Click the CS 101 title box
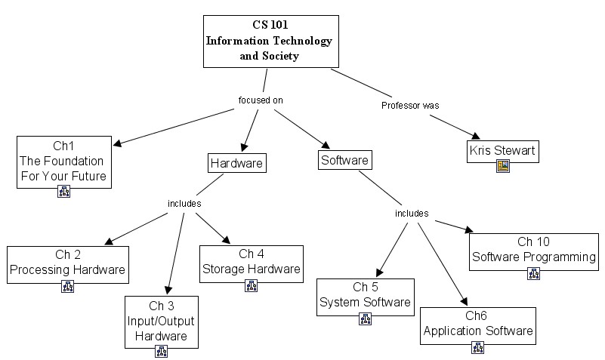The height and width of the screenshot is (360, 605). click(270, 41)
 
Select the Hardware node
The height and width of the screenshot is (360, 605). click(237, 162)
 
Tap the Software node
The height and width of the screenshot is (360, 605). click(344, 160)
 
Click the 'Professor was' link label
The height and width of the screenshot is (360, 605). click(410, 106)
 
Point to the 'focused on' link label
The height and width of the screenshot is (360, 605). click(260, 100)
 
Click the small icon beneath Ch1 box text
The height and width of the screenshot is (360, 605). click(63, 192)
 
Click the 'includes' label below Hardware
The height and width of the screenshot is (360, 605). click(184, 203)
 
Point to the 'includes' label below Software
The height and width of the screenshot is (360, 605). click(412, 214)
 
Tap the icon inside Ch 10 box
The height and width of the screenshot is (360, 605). click(533, 273)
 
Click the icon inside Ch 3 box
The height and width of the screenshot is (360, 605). click(161, 351)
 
